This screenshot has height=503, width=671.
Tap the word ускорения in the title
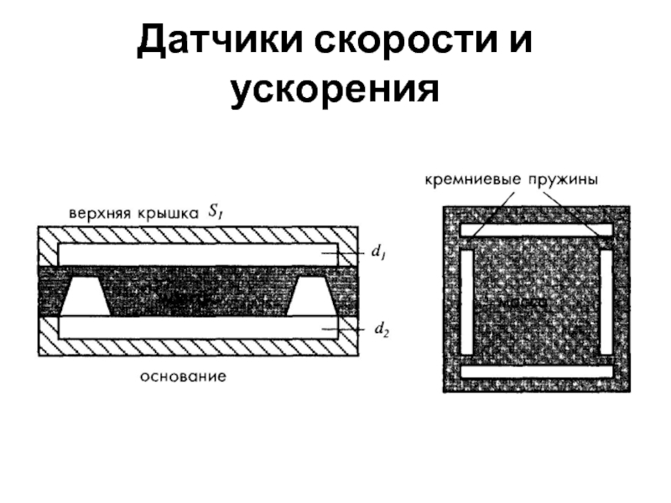click(x=335, y=89)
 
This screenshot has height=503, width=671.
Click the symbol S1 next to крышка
click(x=214, y=213)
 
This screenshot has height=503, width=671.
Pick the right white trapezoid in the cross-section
click(x=312, y=297)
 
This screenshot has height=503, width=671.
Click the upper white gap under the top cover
click(x=198, y=253)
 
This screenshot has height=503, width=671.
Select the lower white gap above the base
click(x=198, y=327)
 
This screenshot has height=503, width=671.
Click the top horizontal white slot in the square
click(x=537, y=230)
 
